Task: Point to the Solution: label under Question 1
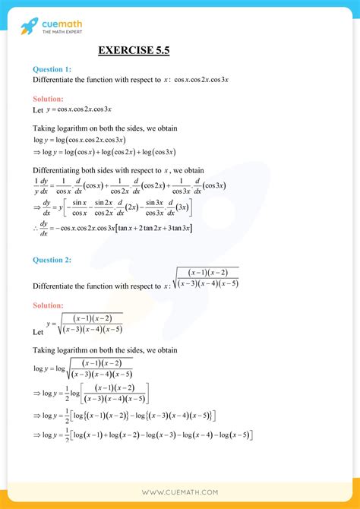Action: click(49, 99)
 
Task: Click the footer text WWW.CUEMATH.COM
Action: click(179, 492)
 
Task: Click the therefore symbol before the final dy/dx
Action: click(36, 228)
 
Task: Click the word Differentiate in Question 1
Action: click(58, 79)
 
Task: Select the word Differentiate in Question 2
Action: click(58, 286)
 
